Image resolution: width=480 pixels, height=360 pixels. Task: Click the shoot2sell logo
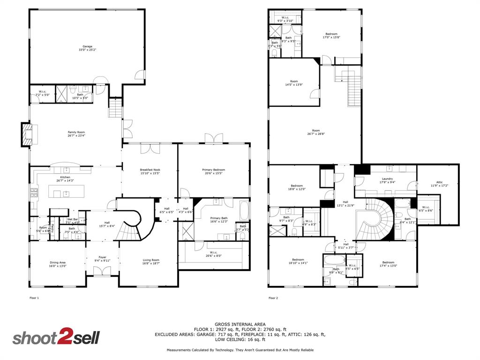tap(56, 338)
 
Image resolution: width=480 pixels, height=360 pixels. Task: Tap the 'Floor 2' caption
tap(273, 298)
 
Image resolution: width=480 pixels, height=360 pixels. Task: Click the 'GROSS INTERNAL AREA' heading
tap(240, 324)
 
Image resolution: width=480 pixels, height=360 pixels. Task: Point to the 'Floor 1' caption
tap(34, 298)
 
